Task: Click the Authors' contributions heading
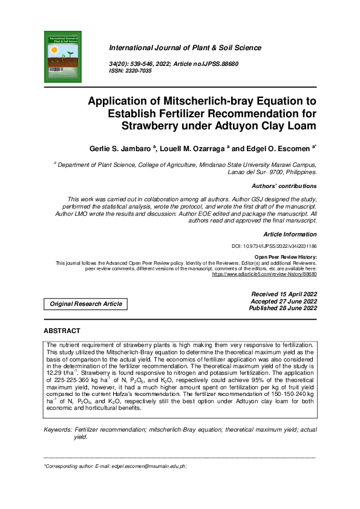click(283, 186)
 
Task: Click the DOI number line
click(274, 247)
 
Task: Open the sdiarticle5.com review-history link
click(264, 274)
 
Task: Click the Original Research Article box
click(85, 303)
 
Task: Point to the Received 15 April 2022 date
click(284, 294)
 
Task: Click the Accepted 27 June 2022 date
click(284, 301)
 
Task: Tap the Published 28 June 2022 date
click(283, 308)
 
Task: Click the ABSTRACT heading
click(62, 331)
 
